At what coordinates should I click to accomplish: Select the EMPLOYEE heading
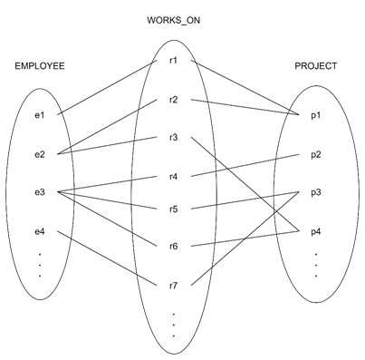(40, 66)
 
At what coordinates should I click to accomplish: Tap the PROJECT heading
(316, 66)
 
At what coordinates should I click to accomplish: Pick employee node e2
(40, 154)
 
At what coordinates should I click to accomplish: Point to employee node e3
(40, 192)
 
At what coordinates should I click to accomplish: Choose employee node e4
(40, 232)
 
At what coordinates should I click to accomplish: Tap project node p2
(315, 154)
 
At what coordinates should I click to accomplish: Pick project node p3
(315, 192)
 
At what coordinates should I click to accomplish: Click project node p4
(315, 232)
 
